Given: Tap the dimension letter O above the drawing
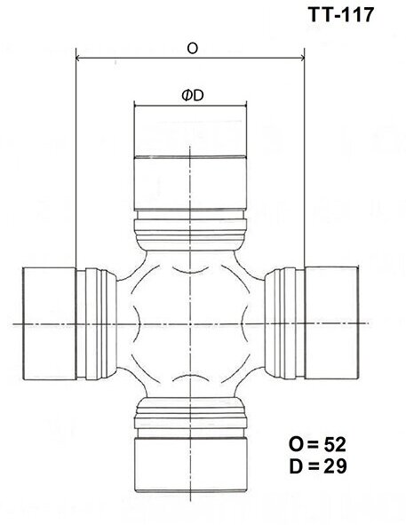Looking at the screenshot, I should pyautogui.click(x=192, y=49).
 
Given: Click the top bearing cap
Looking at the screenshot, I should pyautogui.click(x=189, y=183).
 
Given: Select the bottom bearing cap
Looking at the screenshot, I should pyautogui.click(x=189, y=464).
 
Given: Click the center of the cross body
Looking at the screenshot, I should pyautogui.click(x=189, y=324).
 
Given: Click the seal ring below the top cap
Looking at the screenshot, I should pyautogui.click(x=189, y=228).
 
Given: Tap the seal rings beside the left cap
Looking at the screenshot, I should pyautogui.click(x=98, y=324).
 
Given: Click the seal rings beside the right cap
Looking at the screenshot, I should pyautogui.click(x=283, y=324).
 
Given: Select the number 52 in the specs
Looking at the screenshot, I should pyautogui.click(x=335, y=443).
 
